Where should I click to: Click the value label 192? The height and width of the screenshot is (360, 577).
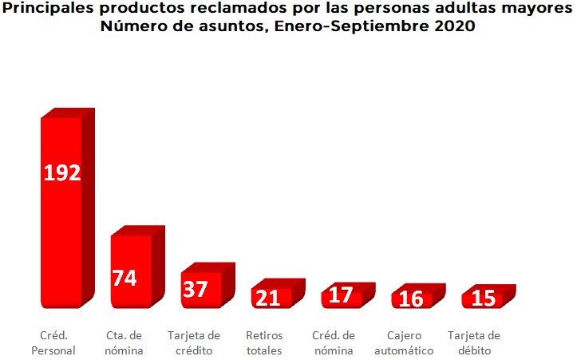(x=61, y=172)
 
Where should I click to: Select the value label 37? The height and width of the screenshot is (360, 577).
(x=195, y=288)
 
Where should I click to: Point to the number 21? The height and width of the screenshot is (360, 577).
(x=267, y=298)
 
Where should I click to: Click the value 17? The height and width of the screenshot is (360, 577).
(x=340, y=295)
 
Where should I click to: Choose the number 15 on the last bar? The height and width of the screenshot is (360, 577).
(x=483, y=299)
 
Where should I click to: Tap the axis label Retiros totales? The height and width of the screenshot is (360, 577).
(x=263, y=342)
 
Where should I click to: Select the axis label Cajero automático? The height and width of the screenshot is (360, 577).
(x=404, y=342)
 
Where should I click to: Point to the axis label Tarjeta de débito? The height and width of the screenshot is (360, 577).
(x=474, y=342)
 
